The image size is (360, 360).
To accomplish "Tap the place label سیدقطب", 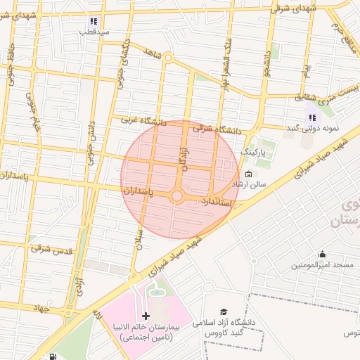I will point(93,32).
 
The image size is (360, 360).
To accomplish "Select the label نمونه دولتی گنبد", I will point(311,129).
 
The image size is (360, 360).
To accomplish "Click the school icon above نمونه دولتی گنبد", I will point(312,117).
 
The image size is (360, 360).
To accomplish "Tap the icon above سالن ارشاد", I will point(247,174).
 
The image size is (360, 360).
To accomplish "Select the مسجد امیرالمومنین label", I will point(322,266).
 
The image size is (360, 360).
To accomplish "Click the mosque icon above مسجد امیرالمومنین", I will point(322,255).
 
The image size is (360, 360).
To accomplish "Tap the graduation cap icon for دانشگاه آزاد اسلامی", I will point(224,311).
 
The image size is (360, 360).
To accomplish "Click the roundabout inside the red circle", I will point(177,195).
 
